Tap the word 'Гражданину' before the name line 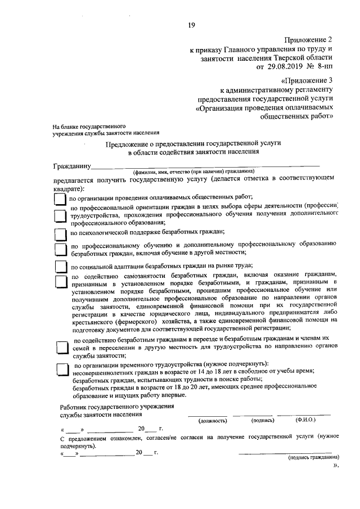(72, 166)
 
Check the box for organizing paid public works (60, 199)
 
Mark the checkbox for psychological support (60, 233)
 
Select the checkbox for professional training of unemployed (60, 250)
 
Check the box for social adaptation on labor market (60, 267)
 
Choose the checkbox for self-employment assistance (60, 282)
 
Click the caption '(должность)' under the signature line (213, 420)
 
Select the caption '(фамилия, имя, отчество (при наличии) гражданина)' (193, 171)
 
